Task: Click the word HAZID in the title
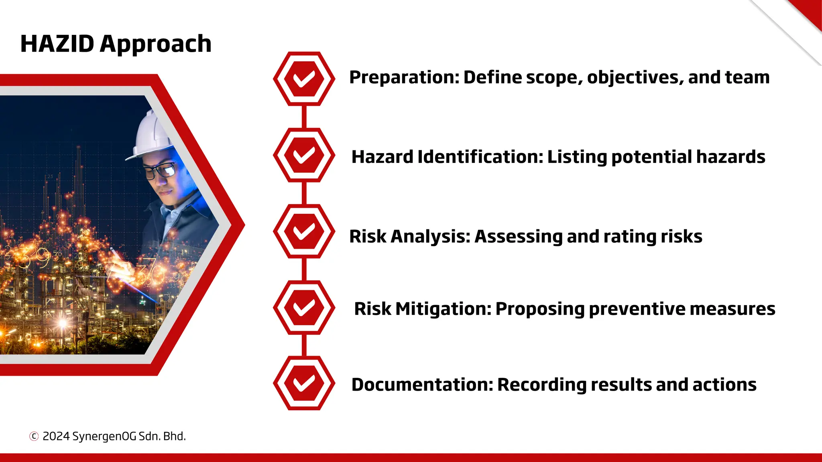point(57,44)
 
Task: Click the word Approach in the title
point(155,45)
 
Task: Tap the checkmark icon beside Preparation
point(304,79)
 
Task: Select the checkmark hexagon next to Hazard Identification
point(304,155)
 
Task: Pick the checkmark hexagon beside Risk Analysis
point(304,231)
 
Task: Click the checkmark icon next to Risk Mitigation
point(304,307)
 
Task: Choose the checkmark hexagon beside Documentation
point(304,383)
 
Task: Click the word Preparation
point(404,77)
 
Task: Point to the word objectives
point(635,77)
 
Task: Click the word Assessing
point(518,237)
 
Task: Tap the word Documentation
point(422,385)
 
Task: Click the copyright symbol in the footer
point(34,436)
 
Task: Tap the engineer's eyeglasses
point(160,170)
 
